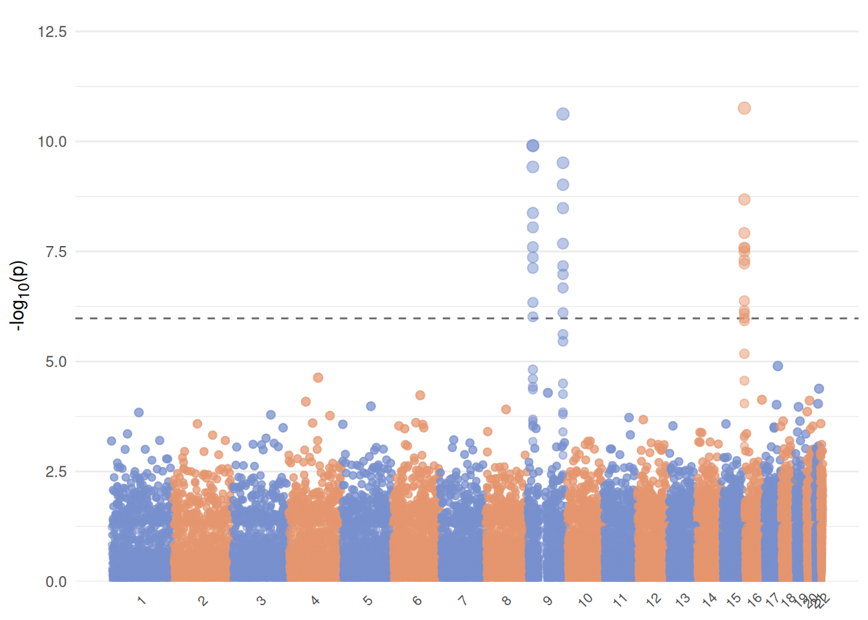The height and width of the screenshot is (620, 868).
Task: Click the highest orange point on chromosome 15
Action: (x=744, y=108)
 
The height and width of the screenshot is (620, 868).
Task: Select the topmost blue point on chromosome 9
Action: (x=563, y=114)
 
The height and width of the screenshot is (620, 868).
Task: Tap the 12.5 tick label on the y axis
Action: (x=52, y=32)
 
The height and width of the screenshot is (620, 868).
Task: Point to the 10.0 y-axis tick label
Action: (x=52, y=141)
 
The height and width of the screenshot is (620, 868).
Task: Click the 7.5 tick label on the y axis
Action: (x=56, y=252)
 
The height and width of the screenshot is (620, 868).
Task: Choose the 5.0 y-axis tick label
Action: (x=56, y=362)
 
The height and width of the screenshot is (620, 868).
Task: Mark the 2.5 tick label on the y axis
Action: (x=56, y=471)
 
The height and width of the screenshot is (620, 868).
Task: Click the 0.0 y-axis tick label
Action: (x=56, y=582)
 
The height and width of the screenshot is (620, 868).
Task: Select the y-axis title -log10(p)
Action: (x=19, y=296)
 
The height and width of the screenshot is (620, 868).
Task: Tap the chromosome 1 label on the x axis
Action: (x=141, y=601)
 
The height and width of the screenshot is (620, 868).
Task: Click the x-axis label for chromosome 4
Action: (x=315, y=601)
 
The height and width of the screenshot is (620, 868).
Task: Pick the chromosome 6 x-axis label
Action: (x=417, y=601)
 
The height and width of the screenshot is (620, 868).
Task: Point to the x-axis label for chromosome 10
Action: (x=585, y=600)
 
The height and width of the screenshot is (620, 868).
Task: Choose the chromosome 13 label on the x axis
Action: (x=683, y=600)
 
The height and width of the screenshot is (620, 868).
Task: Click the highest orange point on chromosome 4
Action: (x=318, y=377)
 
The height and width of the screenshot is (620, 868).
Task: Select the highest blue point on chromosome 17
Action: (x=778, y=366)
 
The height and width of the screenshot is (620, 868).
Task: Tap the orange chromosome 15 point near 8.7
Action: (x=744, y=200)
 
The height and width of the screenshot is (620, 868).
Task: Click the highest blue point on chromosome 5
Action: (x=371, y=406)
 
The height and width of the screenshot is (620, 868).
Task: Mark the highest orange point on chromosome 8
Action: (x=506, y=409)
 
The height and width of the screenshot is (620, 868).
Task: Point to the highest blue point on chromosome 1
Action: (x=139, y=412)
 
